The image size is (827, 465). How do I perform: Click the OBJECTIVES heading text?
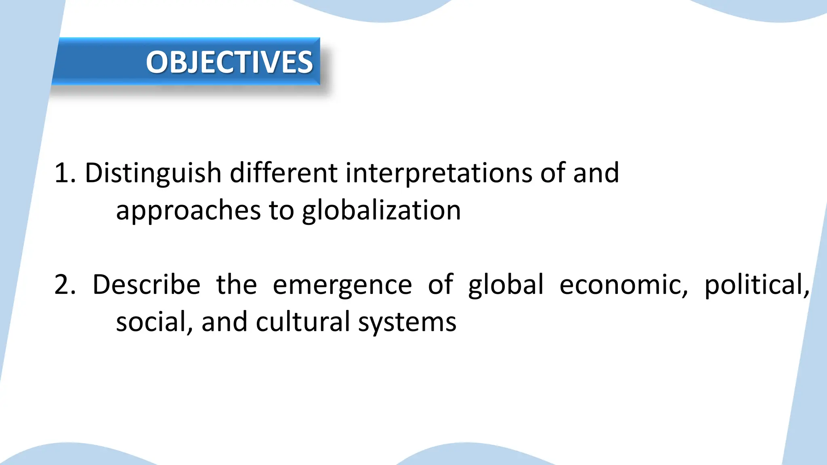[229, 62]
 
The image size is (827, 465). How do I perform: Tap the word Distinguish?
[153, 173]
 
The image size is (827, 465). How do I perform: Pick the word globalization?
[381, 211]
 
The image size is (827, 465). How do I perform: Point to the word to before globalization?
[281, 211]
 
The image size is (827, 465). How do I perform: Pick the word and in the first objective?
[596, 173]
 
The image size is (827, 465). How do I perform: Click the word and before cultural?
[225, 322]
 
